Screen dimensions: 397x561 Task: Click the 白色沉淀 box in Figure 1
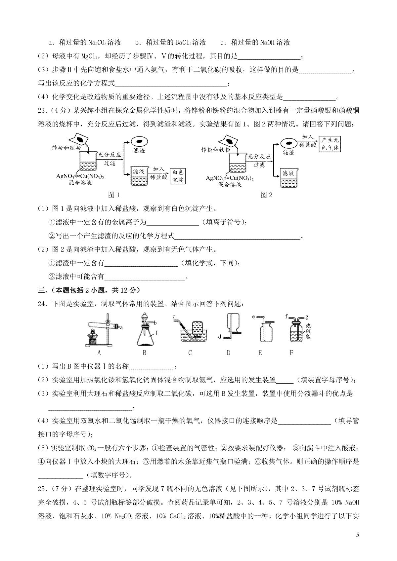(x=178, y=176)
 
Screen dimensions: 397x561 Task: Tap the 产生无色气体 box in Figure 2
(x=330, y=144)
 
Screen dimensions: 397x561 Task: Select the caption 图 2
(x=266, y=195)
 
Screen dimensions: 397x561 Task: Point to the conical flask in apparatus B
(x=145, y=336)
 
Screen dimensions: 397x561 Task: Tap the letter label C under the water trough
(x=190, y=353)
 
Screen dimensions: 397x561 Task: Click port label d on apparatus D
(x=220, y=337)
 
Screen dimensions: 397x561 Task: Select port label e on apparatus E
(x=253, y=317)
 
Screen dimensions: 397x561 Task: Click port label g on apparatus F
(x=307, y=317)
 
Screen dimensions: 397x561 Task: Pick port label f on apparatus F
(x=287, y=316)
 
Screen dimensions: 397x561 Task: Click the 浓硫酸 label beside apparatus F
(x=308, y=331)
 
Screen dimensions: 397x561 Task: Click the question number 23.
(x=42, y=110)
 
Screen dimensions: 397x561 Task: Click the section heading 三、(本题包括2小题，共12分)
(x=89, y=290)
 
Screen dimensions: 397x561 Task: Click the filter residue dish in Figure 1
(x=139, y=141)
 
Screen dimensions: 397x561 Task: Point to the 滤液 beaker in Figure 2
(x=289, y=178)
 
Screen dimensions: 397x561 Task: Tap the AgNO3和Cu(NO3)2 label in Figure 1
(x=80, y=176)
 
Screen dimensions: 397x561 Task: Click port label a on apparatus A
(x=121, y=327)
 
